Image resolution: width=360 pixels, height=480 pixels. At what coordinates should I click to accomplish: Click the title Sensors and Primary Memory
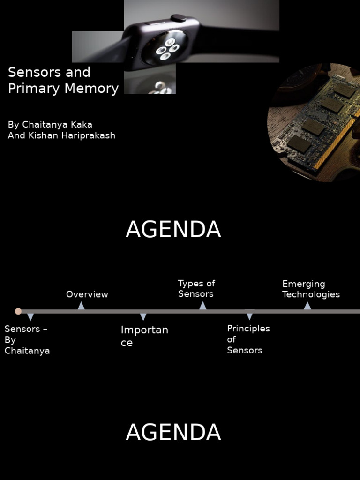63,80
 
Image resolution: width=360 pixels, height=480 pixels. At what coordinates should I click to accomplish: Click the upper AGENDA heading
173,230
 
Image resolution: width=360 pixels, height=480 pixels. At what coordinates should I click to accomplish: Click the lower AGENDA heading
173,432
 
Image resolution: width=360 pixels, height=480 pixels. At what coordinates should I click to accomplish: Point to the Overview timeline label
87,294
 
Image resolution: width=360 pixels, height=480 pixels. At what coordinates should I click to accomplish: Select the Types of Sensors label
196,289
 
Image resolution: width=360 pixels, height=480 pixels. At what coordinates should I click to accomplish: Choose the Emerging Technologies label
311,289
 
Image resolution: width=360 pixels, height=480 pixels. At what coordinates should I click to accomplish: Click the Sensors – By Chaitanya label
27,340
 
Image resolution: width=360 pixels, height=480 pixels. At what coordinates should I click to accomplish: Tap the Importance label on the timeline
144,336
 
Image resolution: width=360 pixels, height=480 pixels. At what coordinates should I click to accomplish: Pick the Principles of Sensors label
248,339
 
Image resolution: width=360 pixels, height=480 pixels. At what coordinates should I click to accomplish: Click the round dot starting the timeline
18,311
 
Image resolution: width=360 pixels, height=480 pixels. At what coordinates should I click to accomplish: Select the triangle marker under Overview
81,306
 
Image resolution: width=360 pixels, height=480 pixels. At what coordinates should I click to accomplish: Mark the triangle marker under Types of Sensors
202,306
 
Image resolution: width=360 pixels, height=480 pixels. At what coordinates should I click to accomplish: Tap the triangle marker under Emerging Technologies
307,306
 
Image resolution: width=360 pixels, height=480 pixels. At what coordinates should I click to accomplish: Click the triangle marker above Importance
143,317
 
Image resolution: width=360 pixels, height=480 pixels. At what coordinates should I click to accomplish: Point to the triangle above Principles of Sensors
249,317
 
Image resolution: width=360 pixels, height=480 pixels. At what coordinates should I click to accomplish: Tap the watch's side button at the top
178,18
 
